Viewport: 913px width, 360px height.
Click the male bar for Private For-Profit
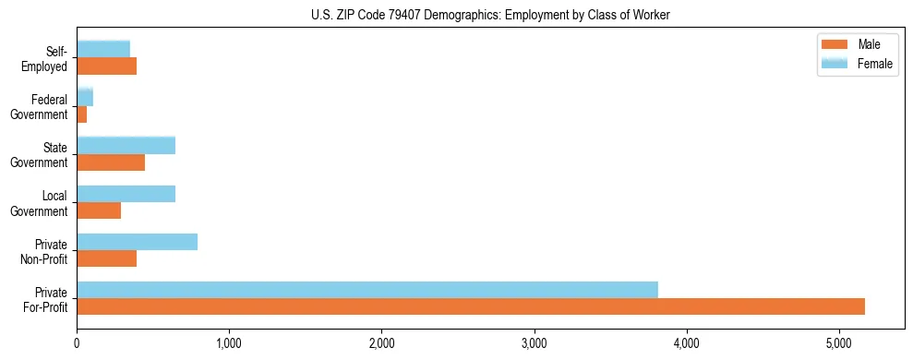tap(471, 306)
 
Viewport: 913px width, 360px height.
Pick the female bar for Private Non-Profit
tap(137, 242)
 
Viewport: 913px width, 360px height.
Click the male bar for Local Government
tap(99, 210)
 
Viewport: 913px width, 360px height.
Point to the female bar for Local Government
tap(126, 194)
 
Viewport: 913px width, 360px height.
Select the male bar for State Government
tap(111, 162)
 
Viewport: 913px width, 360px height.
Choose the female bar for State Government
tap(126, 146)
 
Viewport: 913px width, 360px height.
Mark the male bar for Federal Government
tap(81, 114)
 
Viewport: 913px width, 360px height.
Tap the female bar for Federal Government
tap(85, 98)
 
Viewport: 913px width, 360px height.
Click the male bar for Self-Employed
tap(106, 66)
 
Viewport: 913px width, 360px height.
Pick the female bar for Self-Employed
tap(103, 50)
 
